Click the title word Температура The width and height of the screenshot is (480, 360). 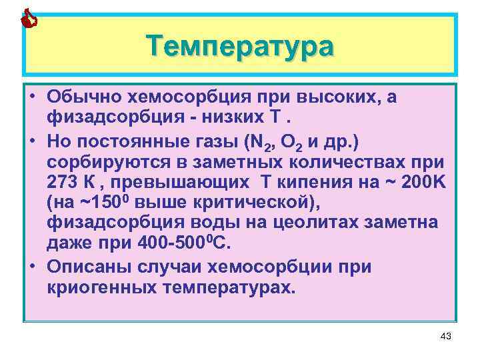[240, 47]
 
